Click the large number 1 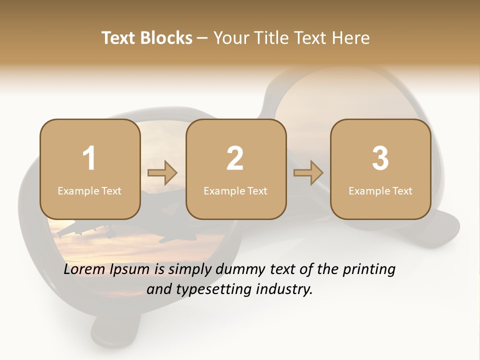(89, 158)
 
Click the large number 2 (235, 158)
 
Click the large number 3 (380, 158)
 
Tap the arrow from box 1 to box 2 (162, 173)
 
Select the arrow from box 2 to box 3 (308, 173)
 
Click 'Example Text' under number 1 (89, 190)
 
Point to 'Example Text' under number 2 (235, 190)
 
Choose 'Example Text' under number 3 (380, 190)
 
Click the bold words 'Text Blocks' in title (147, 38)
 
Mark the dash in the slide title (202, 38)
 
